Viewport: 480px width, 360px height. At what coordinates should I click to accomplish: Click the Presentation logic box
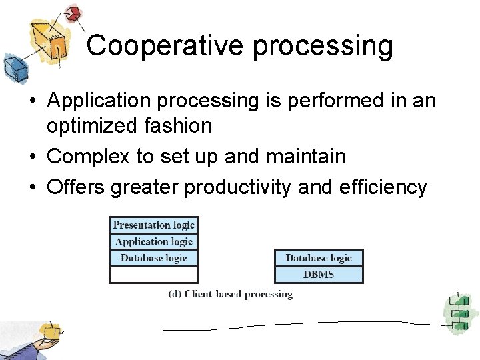(153, 225)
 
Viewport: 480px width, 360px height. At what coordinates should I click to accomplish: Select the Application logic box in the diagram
(153, 241)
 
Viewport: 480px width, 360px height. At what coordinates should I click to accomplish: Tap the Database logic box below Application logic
(153, 258)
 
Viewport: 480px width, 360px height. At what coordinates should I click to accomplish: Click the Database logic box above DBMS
(319, 258)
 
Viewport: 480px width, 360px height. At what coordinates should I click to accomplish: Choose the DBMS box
(319, 274)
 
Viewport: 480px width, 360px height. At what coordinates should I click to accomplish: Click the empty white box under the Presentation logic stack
(153, 275)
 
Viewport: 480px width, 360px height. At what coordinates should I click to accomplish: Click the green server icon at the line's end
(459, 312)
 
